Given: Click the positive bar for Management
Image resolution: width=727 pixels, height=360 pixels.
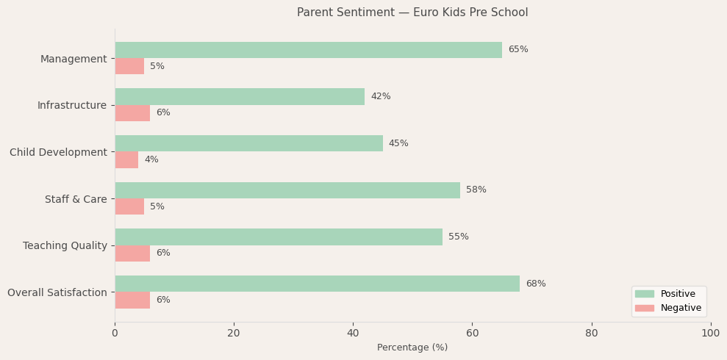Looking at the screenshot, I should [308, 50].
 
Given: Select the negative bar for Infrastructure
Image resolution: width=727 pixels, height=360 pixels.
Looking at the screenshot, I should [132, 113].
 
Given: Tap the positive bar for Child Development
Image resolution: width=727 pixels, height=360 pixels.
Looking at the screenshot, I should [248, 143].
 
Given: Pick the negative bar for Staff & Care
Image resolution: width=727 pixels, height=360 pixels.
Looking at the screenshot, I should [129, 206].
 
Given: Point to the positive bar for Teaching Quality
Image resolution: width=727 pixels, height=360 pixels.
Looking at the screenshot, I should [279, 237].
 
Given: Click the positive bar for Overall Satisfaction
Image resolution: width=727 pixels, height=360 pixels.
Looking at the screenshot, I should [317, 284].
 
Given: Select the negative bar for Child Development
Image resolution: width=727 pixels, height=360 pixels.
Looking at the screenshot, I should [126, 159].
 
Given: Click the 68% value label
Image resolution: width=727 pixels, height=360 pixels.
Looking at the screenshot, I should [536, 284].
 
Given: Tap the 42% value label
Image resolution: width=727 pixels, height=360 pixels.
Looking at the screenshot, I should [381, 96].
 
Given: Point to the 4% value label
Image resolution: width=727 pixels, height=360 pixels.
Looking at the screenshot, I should [151, 159].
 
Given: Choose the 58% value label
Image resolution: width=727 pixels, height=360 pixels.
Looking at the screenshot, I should [476, 190].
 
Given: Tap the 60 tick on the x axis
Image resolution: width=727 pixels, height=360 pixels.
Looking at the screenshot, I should [472, 334].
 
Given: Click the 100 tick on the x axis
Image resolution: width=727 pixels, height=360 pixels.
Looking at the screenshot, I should [710, 334].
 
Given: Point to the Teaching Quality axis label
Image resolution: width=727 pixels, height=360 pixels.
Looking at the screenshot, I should [65, 245].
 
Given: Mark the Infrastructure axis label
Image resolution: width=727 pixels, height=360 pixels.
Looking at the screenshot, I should [72, 105].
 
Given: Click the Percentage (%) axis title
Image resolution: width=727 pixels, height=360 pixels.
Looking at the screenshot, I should [412, 348].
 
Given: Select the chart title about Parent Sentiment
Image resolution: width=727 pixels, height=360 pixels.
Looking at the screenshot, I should [412, 12].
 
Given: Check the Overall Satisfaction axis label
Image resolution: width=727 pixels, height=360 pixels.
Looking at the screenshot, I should [57, 292].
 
